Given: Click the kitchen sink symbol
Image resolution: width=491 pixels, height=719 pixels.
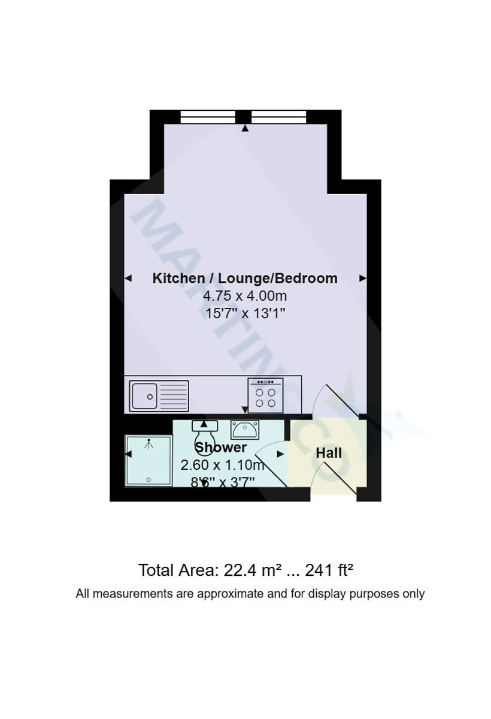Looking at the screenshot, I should click(159, 396).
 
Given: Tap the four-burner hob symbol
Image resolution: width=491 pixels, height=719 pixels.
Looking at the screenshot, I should click(265, 396).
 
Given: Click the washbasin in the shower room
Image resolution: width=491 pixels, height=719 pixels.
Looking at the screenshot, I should click(244, 430).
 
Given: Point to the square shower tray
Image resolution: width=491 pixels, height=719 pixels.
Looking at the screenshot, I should click(148, 461).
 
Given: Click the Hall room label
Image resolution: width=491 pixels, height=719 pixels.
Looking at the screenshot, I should click(329, 453).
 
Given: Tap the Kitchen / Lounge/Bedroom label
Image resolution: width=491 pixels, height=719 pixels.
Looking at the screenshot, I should click(245, 278).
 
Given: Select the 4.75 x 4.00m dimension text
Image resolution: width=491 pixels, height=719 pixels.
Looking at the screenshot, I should click(245, 295).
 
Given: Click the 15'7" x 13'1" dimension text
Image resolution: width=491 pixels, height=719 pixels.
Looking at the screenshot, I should click(245, 313).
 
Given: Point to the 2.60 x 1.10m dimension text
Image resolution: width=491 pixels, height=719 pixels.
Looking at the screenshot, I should click(222, 465).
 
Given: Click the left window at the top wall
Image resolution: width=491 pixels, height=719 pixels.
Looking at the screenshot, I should click(208, 116).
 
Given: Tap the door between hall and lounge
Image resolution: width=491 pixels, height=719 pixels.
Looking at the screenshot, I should click(338, 401).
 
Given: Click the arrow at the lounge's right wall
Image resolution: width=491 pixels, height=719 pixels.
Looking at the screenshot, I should click(362, 278).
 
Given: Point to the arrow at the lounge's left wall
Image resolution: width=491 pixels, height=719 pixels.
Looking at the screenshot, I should click(128, 278).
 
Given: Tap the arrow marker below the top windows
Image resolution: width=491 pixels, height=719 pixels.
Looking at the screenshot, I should click(245, 128).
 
